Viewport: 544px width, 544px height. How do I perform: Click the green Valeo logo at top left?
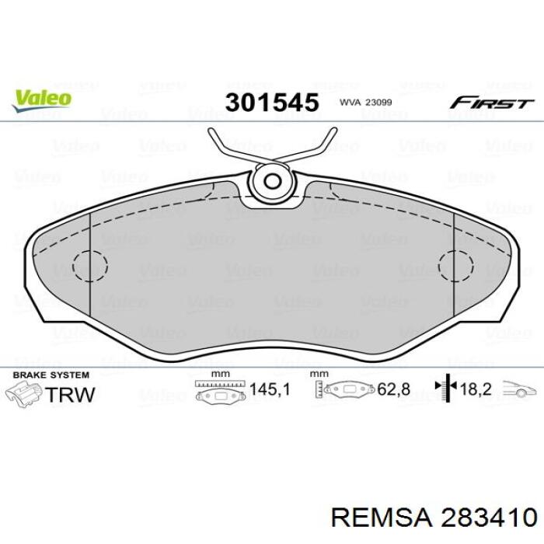[x=41, y=99]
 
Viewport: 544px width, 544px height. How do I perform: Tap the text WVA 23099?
[x=364, y=103]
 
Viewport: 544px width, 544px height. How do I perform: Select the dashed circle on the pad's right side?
[x=456, y=267]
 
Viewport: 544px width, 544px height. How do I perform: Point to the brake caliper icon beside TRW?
[x=23, y=396]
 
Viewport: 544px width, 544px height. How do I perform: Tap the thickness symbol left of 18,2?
[x=445, y=389]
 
